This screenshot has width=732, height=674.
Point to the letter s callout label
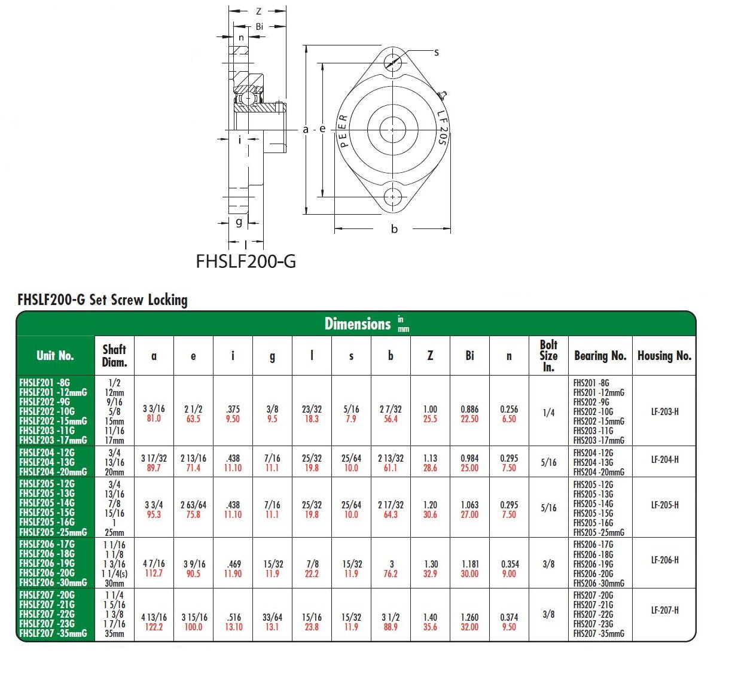click(x=437, y=53)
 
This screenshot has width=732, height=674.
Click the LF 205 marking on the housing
click(x=441, y=127)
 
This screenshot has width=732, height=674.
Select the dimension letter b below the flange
click(x=394, y=229)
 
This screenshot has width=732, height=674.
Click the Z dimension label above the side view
click(x=258, y=11)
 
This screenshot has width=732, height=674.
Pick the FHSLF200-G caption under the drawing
click(x=246, y=261)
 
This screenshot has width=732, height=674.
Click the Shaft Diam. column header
click(x=114, y=356)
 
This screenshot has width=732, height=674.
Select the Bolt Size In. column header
click(x=548, y=356)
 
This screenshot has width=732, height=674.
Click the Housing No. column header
click(x=664, y=356)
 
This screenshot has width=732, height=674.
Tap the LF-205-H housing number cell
click(x=664, y=505)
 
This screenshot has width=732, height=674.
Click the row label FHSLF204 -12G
click(x=47, y=453)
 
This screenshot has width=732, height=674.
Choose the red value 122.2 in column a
click(x=154, y=627)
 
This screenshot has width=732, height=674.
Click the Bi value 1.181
click(x=469, y=564)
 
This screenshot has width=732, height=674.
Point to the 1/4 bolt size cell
click(x=548, y=413)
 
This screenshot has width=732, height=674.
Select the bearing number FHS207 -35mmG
click(x=599, y=633)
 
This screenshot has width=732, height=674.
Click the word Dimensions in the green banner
click(x=357, y=324)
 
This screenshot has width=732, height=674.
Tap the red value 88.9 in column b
click(x=391, y=627)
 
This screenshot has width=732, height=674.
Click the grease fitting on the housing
click(x=442, y=95)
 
